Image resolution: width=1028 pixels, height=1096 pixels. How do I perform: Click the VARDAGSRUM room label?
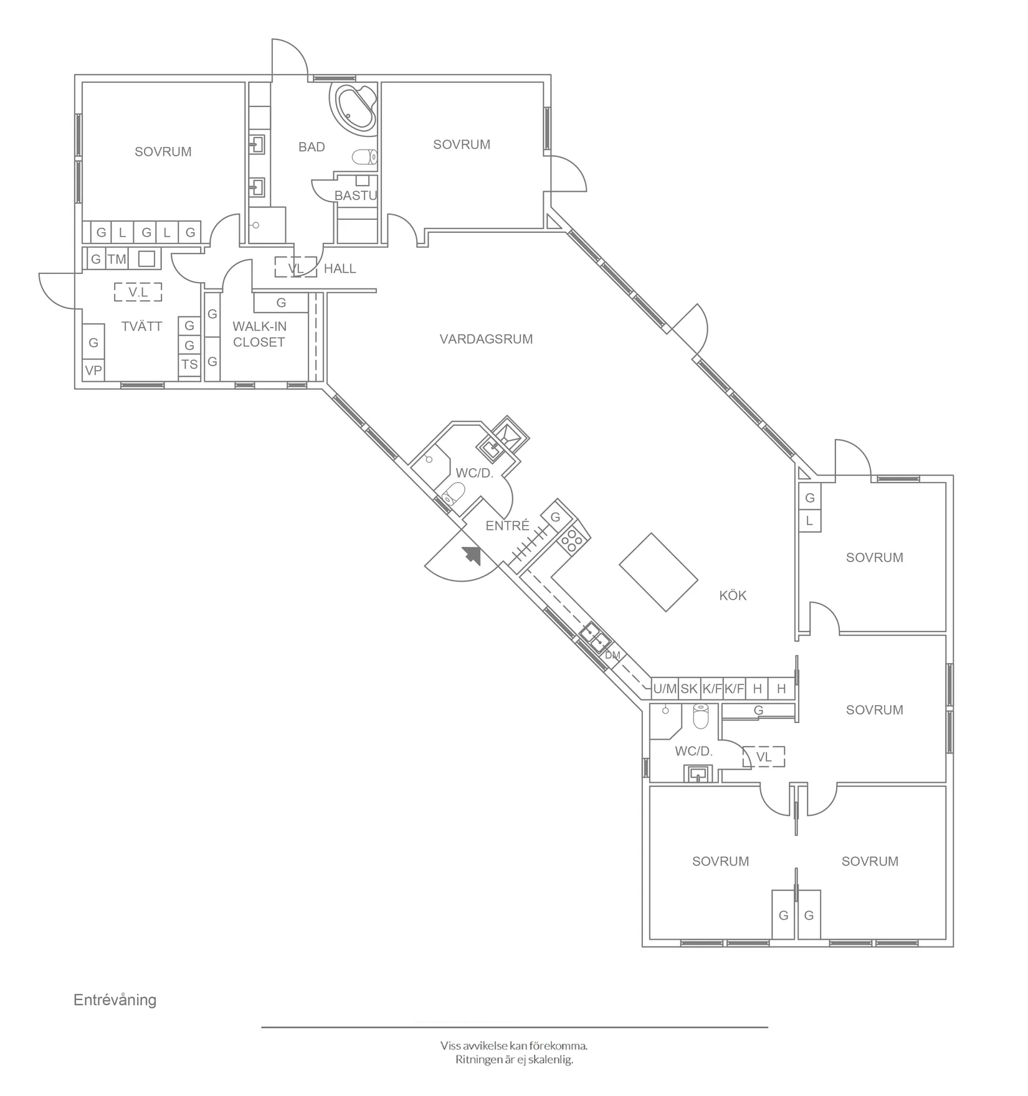point(486,339)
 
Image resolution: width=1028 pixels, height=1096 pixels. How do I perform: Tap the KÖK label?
point(733,595)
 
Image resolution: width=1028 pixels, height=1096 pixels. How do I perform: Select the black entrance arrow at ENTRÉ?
point(472,554)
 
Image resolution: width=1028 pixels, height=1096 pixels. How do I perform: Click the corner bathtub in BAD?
point(356,107)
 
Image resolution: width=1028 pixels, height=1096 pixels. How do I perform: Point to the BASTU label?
point(356,196)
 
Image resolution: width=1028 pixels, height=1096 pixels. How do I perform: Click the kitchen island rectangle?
point(658,572)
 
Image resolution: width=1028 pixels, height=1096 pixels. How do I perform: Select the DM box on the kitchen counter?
point(612,655)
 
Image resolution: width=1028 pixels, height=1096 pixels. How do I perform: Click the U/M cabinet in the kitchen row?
point(665,689)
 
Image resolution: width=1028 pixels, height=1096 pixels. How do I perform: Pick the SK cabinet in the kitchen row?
point(689,689)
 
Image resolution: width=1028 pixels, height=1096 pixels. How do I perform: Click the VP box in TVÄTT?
point(93,371)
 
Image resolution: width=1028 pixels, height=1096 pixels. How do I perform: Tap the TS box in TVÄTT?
point(189,365)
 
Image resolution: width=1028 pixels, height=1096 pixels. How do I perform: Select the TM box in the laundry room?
point(117,259)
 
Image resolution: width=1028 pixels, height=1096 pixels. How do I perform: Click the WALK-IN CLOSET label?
point(259,334)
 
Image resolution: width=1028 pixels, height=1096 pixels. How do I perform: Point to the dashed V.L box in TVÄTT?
point(138,292)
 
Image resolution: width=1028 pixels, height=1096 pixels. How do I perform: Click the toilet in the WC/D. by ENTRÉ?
point(453,494)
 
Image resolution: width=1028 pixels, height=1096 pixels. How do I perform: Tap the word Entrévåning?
point(115,999)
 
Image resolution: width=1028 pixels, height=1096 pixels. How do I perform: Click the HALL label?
point(340,268)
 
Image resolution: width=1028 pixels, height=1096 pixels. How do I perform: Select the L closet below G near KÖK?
point(809,521)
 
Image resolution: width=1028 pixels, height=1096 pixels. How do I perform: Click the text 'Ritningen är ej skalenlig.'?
point(514,1059)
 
